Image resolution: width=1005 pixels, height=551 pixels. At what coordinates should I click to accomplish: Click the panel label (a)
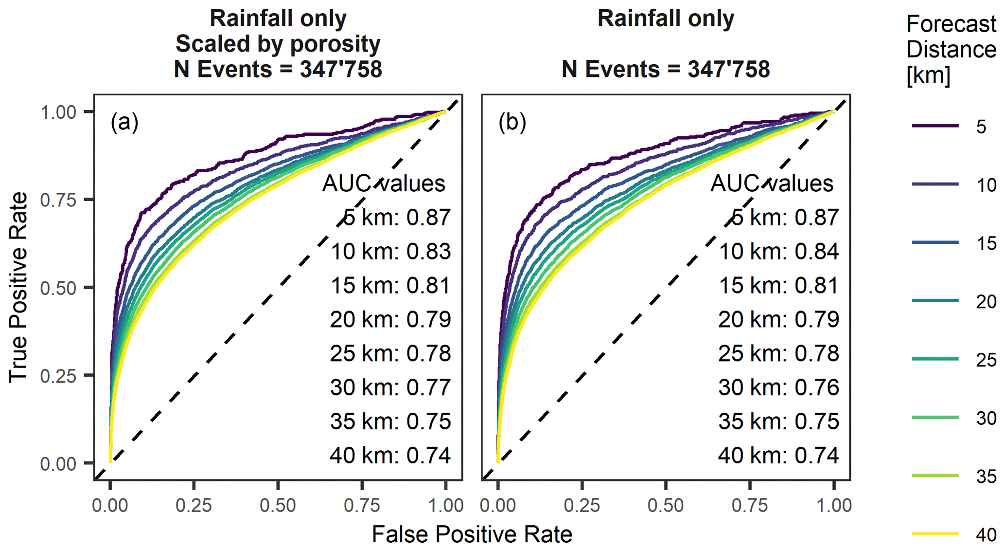click(x=124, y=122)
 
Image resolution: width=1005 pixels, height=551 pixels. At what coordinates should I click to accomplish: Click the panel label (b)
click(x=512, y=122)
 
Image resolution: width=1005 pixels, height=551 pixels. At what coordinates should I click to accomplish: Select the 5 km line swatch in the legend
click(x=935, y=126)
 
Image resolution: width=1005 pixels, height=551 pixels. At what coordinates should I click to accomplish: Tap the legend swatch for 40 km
click(x=935, y=534)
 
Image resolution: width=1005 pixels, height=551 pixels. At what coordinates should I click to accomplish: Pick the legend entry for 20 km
click(x=935, y=301)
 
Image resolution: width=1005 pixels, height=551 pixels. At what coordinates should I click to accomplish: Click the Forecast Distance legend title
click(x=951, y=50)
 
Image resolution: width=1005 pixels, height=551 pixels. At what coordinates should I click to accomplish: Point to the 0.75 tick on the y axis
click(x=58, y=200)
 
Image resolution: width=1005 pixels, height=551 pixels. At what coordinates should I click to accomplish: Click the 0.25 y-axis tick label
click(x=58, y=376)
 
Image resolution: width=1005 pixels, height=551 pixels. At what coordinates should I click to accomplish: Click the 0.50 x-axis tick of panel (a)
click(x=278, y=505)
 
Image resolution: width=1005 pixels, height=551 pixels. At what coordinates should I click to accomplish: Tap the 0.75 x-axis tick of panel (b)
click(x=750, y=505)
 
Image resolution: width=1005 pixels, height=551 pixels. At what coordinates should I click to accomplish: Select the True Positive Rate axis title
click(x=18, y=287)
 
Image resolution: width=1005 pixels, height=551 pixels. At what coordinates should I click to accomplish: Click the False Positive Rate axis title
click(x=472, y=534)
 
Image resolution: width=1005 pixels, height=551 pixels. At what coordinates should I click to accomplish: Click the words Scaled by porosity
click(x=278, y=44)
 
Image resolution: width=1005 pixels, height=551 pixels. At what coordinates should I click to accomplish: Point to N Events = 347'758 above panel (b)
click(x=666, y=69)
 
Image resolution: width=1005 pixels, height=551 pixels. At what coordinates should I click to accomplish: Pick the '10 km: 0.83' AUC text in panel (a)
click(x=390, y=252)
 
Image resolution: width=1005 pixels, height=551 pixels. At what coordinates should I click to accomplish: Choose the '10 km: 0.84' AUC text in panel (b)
click(x=778, y=252)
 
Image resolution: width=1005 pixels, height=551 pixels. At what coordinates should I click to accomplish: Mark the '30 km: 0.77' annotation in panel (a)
click(x=390, y=387)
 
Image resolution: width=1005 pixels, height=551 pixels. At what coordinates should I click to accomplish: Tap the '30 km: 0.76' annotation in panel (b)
click(x=778, y=387)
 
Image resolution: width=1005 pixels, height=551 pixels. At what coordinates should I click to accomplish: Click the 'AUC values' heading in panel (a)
click(x=384, y=184)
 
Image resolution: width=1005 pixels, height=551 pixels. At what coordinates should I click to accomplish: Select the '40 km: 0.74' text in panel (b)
click(x=778, y=456)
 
